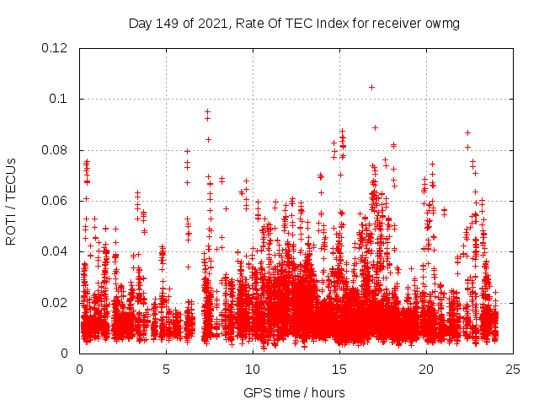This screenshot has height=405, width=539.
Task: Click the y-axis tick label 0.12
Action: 56,48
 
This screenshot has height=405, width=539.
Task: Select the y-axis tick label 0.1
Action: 59,99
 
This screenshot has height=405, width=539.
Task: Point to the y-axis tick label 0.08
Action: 56,150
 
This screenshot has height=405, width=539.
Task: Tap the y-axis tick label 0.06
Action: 56,201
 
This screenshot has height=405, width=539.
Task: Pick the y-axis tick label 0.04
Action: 56,251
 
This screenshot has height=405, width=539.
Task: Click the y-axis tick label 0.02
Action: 56,302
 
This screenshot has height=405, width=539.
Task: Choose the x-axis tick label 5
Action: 166,369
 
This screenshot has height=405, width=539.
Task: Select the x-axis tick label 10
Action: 253,369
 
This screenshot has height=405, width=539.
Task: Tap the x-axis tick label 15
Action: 339,369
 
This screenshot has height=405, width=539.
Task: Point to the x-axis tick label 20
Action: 426,369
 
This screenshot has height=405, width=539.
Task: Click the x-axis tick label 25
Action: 513,369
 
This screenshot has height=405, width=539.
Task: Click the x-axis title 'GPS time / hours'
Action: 296,392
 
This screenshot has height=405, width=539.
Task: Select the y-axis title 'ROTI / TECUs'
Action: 12,201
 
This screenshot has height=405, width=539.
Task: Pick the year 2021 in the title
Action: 215,23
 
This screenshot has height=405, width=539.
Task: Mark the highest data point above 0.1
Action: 371,87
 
